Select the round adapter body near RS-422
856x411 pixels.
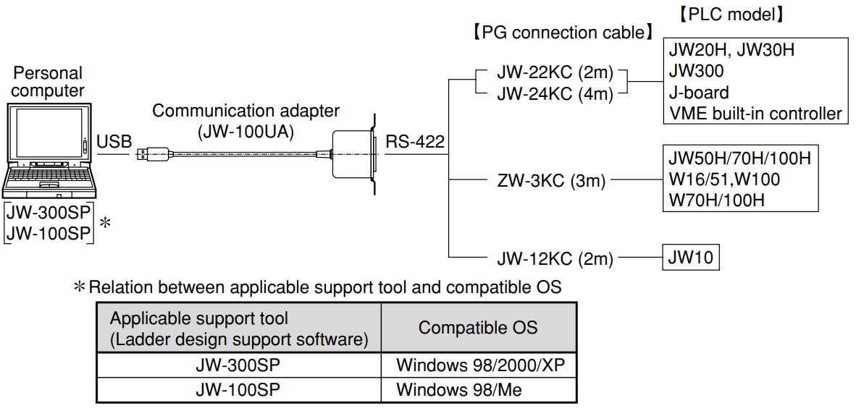353,153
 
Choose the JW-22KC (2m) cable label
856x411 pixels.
555,73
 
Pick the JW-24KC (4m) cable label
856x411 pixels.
555,94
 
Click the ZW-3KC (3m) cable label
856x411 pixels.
551,181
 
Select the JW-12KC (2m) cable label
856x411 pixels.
555,258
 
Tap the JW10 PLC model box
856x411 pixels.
691,257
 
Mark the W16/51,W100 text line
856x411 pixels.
724,179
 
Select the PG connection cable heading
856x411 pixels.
561,33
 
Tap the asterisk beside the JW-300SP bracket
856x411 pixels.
105,223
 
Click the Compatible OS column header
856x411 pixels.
478,327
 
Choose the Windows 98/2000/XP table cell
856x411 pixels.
479,364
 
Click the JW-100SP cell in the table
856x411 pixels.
238,390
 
